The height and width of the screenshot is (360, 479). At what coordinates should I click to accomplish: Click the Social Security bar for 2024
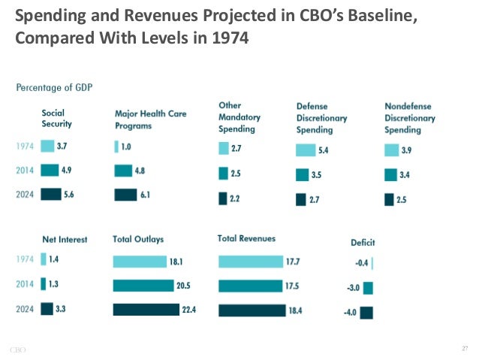coord(51,194)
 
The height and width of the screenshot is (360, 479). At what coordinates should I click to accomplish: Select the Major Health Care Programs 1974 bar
coord(116,147)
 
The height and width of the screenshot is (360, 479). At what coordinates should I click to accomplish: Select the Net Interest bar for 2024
coord(47,308)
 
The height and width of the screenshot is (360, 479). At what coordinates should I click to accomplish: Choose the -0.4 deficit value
coord(360,263)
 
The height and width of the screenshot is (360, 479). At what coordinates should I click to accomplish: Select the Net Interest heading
coord(64,240)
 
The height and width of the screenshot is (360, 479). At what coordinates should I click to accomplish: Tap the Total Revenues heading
coord(246,238)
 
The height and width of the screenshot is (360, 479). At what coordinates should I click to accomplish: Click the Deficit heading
coord(363,242)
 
